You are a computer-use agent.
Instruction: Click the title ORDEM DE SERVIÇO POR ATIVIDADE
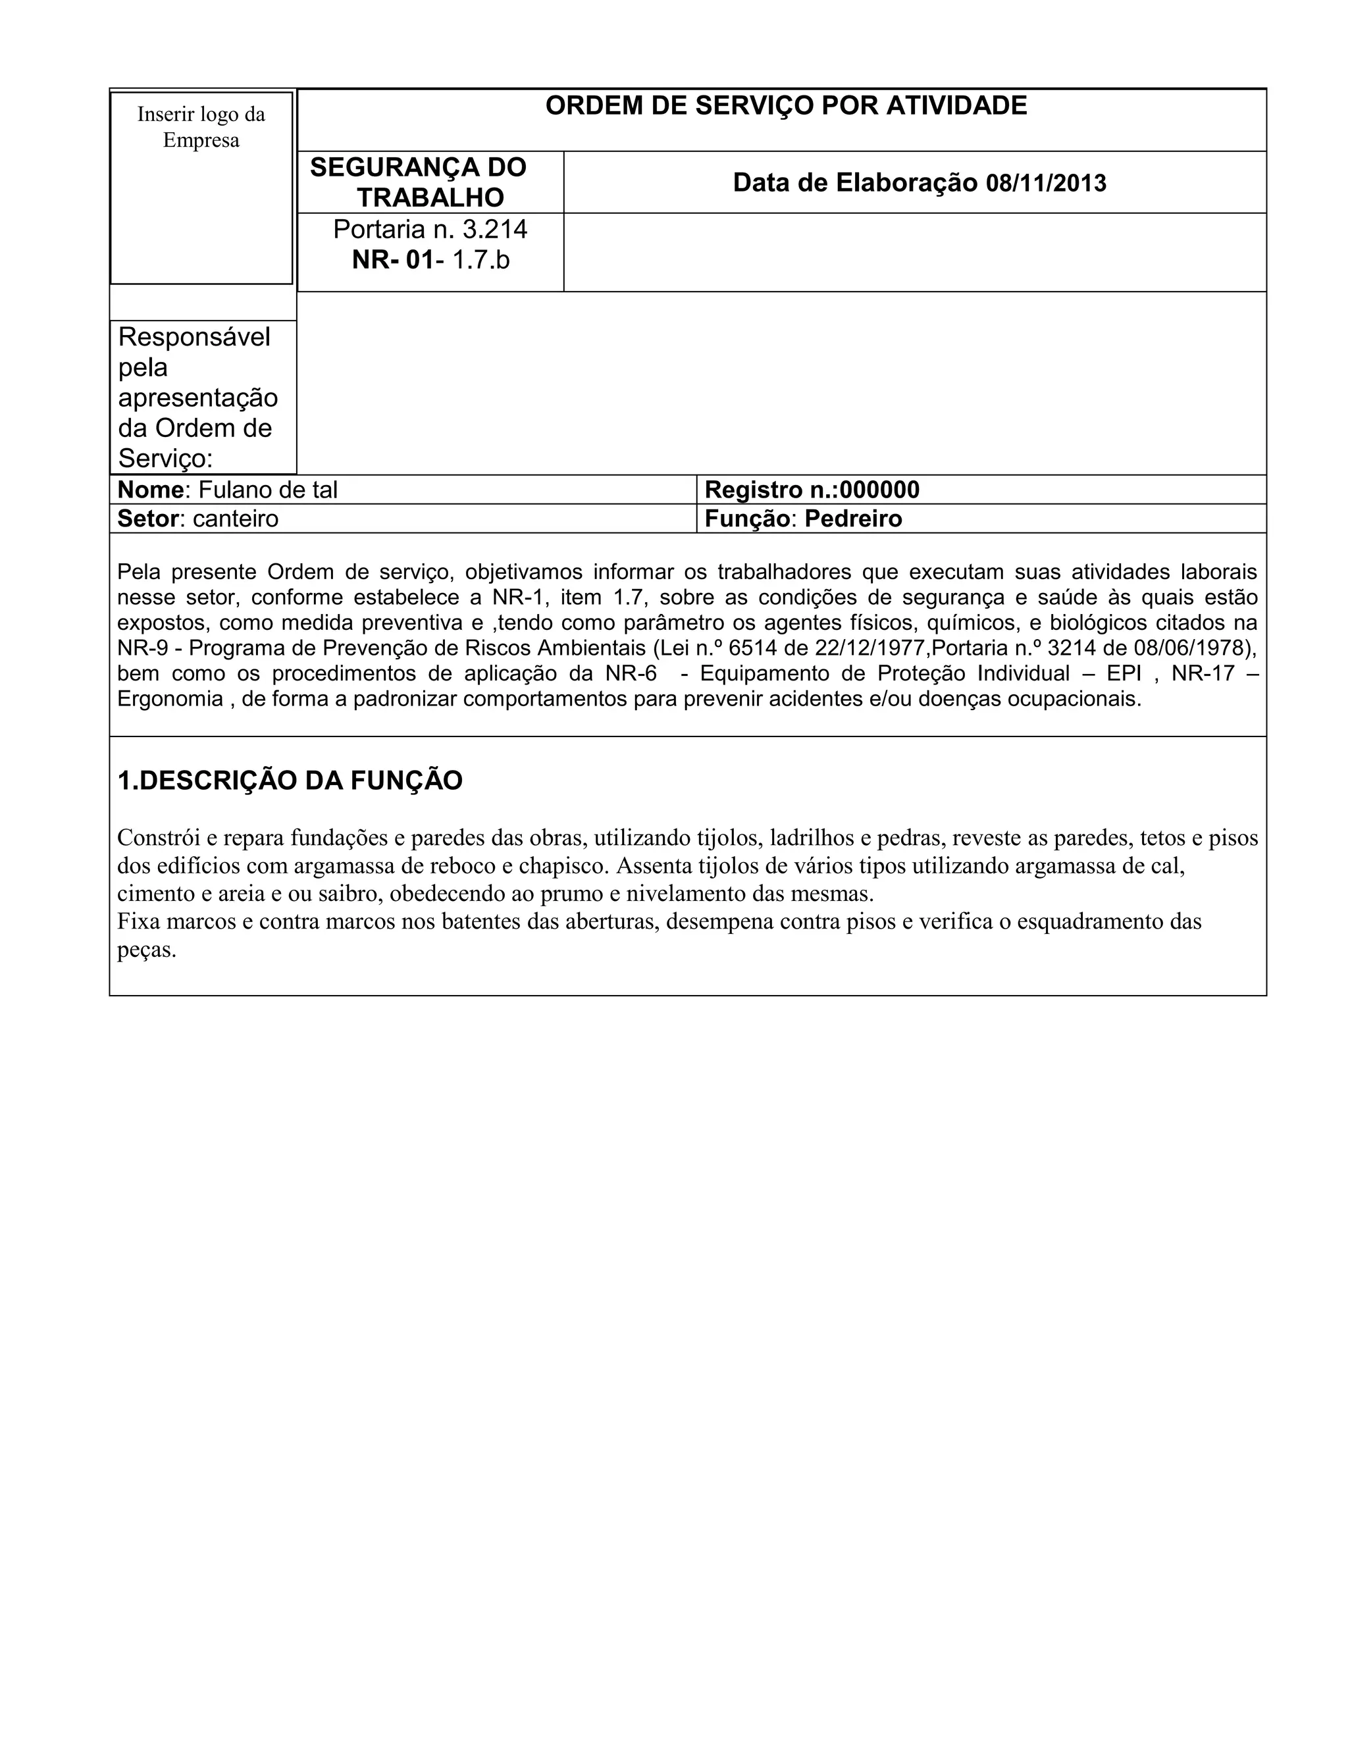tap(786, 105)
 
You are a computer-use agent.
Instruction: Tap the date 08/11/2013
tap(1046, 184)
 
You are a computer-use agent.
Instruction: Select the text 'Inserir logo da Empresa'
tap(201, 127)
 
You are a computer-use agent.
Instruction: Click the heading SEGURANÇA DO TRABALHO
tap(419, 182)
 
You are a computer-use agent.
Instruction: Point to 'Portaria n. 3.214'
tap(430, 229)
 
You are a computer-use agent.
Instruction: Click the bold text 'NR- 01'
tap(392, 259)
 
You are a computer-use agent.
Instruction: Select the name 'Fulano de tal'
tap(267, 490)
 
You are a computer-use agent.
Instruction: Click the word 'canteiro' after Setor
tap(236, 519)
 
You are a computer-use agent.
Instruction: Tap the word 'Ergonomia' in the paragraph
tap(170, 699)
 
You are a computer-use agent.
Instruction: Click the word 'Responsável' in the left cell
tap(194, 337)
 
